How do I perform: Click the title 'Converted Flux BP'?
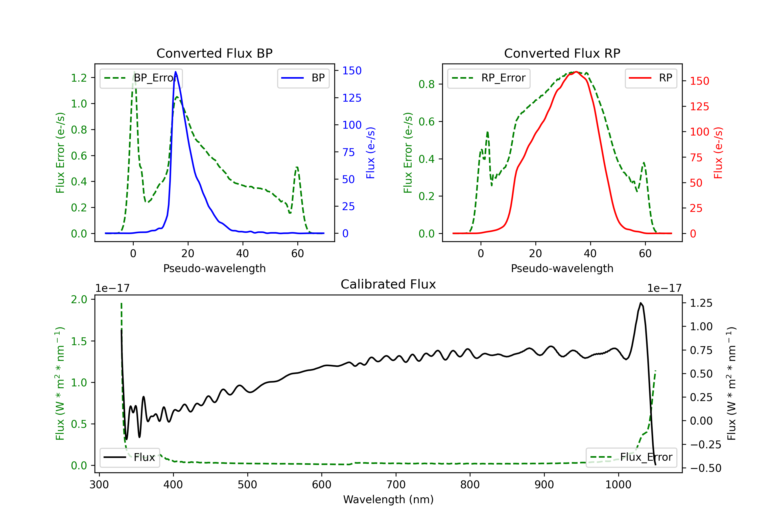214,53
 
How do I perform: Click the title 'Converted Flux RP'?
562,53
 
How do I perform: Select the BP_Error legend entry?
141,78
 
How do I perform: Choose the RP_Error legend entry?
489,78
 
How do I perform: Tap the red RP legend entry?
651,78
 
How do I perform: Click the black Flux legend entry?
130,457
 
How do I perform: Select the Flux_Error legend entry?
631,457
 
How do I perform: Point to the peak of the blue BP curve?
176,72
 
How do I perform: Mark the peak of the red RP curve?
576,72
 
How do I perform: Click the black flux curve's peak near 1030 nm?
641,303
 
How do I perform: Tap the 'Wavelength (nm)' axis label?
388,499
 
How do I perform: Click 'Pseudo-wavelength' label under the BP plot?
214,268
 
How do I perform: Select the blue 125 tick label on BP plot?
352,98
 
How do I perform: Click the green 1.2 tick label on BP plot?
79,78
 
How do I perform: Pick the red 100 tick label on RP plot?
699,132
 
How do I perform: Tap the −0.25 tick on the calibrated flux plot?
705,445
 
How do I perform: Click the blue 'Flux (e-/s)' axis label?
370,153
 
